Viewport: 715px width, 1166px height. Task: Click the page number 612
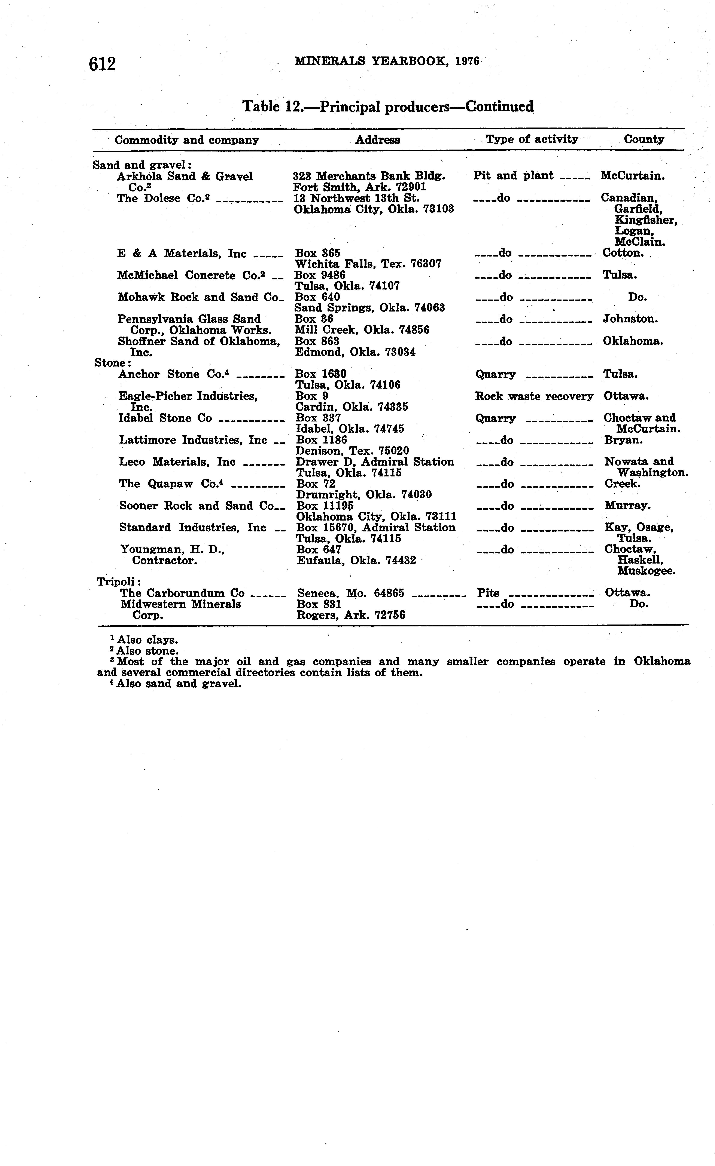[102, 63]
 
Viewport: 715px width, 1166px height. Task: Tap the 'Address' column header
[377, 139]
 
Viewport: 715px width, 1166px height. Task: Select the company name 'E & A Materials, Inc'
[181, 254]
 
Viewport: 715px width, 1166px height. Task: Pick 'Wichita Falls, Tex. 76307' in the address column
[368, 264]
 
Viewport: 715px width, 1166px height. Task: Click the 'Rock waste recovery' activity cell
[534, 397]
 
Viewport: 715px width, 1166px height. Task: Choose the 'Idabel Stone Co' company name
[165, 418]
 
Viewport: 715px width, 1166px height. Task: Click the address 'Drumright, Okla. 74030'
[364, 495]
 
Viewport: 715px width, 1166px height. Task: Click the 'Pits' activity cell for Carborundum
[488, 593]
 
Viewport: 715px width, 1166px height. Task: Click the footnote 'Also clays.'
[147, 640]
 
